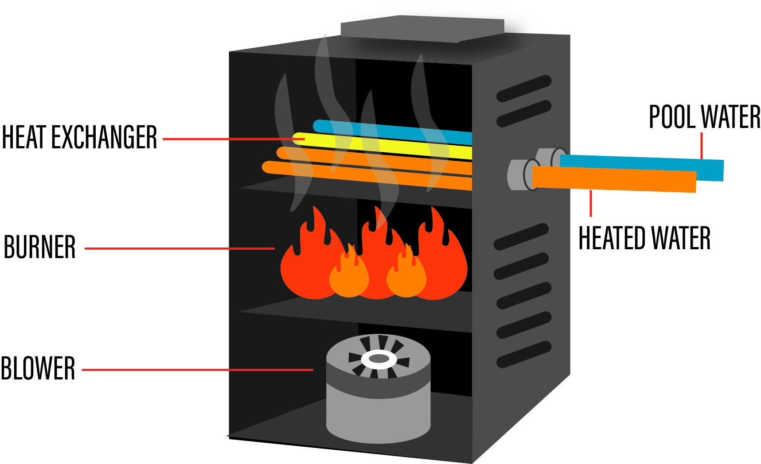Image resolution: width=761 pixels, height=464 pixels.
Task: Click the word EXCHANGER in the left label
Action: [x=104, y=137]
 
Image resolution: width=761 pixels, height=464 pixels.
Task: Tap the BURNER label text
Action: [x=39, y=247]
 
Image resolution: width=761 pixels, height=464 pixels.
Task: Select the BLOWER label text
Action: [x=38, y=368]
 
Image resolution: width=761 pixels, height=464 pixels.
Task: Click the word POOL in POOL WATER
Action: [x=671, y=117]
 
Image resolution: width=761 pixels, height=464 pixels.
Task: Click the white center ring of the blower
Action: [x=379, y=359]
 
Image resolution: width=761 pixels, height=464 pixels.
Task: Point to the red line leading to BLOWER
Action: [x=197, y=370]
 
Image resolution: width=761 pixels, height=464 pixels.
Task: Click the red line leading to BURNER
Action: [x=180, y=248]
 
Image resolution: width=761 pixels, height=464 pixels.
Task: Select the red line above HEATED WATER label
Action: [x=591, y=204]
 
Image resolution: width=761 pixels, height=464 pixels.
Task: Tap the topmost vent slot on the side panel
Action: [x=524, y=89]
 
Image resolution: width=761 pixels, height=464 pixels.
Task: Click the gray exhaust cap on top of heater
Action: [x=421, y=29]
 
